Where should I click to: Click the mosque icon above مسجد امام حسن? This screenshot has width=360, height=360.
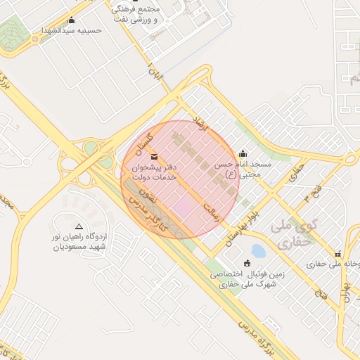(x=243, y=153)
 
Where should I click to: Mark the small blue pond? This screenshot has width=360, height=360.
(x=259, y=250)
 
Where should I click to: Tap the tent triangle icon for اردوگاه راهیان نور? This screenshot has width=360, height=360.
(x=79, y=227)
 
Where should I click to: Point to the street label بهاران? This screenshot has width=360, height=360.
(x=346, y=288)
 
